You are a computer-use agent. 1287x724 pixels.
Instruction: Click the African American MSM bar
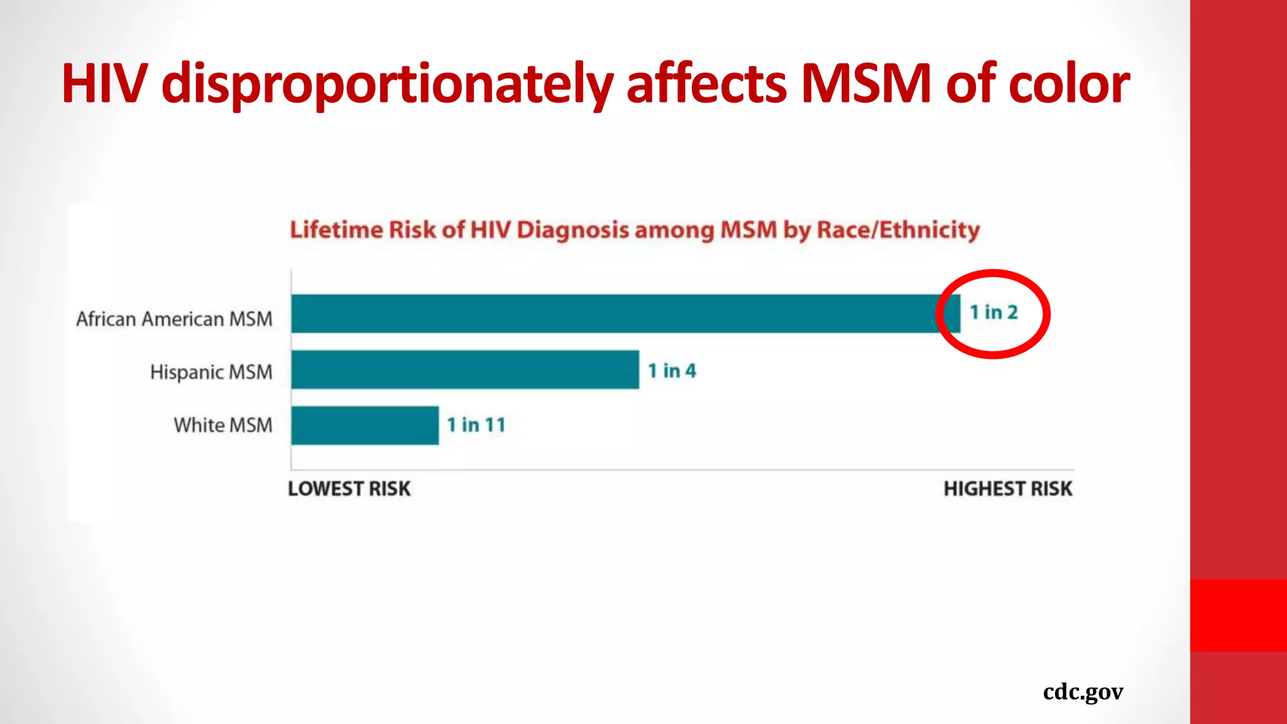click(x=625, y=313)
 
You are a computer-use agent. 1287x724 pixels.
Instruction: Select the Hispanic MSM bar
click(x=465, y=370)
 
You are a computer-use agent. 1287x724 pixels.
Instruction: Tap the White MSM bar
click(x=364, y=425)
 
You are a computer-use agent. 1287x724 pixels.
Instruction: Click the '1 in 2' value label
click(x=994, y=312)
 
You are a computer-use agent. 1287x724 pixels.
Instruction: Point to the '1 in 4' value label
click(x=672, y=371)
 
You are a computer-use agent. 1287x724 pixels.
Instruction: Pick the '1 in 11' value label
click(x=476, y=425)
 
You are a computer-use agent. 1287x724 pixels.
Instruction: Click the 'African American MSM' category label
click(x=175, y=319)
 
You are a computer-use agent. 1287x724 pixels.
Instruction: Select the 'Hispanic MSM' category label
click(x=211, y=372)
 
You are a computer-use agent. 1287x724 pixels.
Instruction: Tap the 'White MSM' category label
click(x=223, y=425)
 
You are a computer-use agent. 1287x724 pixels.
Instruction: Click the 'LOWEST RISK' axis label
click(x=349, y=489)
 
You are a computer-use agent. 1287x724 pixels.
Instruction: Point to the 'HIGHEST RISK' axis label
click(x=1008, y=489)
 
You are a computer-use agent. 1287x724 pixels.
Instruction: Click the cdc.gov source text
click(x=1083, y=692)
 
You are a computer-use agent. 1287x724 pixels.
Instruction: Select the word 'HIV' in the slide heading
click(x=104, y=84)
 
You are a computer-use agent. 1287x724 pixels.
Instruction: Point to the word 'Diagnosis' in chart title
click(x=572, y=231)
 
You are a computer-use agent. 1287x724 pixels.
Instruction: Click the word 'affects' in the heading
click(x=706, y=84)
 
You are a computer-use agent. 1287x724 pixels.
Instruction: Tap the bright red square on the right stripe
click(x=1238, y=615)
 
